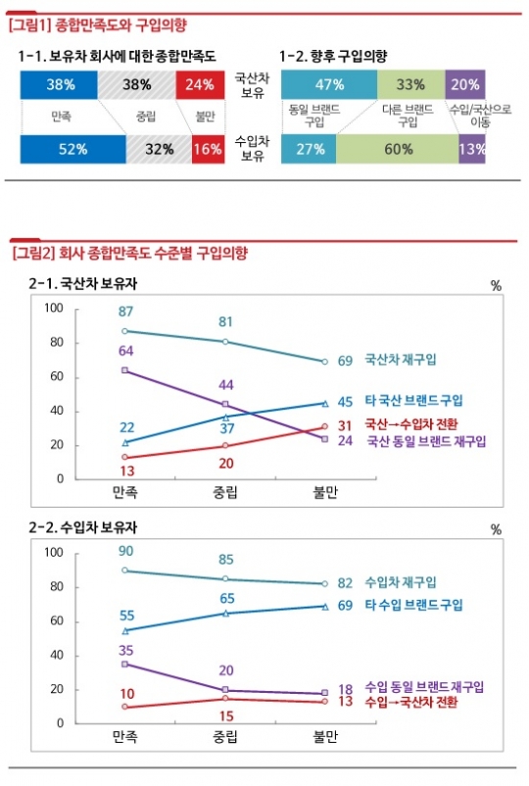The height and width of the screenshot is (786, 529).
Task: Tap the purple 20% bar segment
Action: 465,84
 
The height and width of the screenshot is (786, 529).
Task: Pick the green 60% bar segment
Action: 396,150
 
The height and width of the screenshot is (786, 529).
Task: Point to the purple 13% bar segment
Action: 473,150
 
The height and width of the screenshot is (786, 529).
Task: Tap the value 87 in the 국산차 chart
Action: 126,312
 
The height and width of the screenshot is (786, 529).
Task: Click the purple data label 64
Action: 126,351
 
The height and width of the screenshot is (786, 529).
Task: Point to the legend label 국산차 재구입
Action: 401,360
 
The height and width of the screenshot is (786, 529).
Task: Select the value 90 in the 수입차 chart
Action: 126,552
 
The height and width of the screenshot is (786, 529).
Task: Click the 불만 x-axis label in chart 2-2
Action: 322,735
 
